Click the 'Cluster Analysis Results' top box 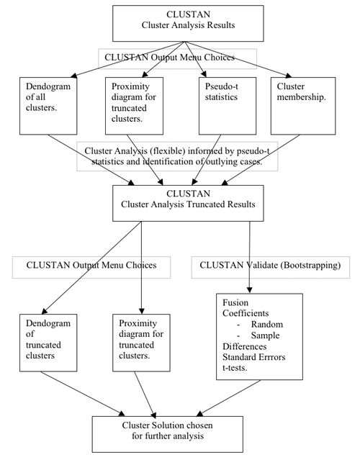188,23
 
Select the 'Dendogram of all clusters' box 48,106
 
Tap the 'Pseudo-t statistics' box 228,106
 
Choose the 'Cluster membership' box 303,106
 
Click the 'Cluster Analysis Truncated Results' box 188,203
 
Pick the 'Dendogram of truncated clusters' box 48,343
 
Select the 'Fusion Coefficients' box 259,336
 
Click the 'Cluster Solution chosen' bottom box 168,434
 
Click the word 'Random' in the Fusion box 267,325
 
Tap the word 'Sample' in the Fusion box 265,335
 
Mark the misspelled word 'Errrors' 271,357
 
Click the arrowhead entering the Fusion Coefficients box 249,290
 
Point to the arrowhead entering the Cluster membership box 289,76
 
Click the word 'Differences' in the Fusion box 244,346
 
